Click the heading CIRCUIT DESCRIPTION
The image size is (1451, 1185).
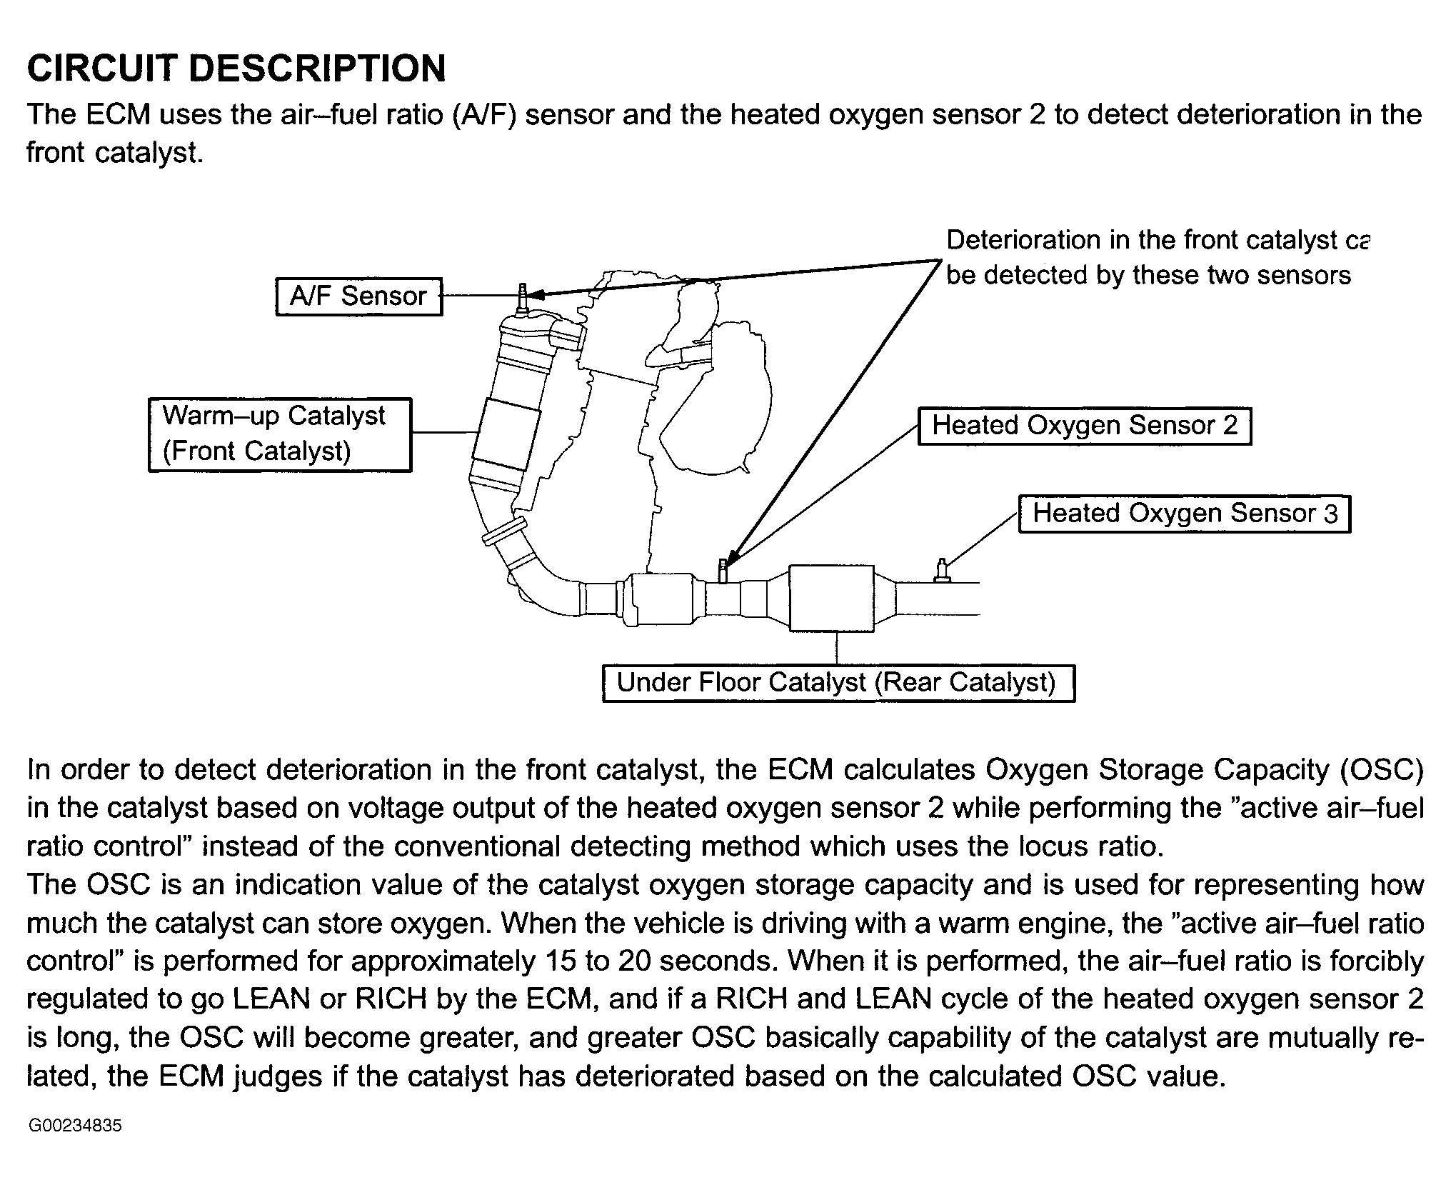tap(236, 69)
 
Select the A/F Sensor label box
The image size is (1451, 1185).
tap(359, 296)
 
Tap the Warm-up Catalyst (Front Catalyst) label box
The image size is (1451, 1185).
tap(280, 434)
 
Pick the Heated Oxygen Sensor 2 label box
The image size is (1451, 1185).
tap(1085, 426)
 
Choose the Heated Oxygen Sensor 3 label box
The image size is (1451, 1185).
tap(1185, 514)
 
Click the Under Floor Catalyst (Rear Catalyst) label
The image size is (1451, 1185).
tap(838, 684)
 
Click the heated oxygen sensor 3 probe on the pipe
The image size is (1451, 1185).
tap(943, 570)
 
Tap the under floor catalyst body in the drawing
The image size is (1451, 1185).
tap(832, 597)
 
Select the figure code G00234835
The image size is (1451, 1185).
tap(75, 1126)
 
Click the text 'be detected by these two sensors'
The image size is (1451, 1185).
tap(1148, 276)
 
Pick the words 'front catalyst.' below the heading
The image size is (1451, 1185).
tap(115, 153)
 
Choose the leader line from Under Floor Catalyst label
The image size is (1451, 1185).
tap(836, 649)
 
